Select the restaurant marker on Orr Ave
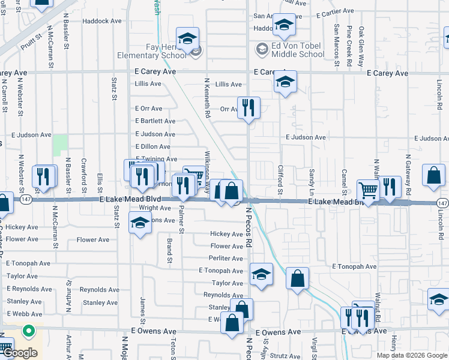(x=249, y=109)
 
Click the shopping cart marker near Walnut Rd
(x=368, y=191)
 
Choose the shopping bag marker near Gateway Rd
(x=433, y=176)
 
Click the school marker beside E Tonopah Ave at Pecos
(x=260, y=275)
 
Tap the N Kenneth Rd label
(x=207, y=97)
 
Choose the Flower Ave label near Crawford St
(x=93, y=240)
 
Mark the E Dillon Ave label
(x=152, y=147)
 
